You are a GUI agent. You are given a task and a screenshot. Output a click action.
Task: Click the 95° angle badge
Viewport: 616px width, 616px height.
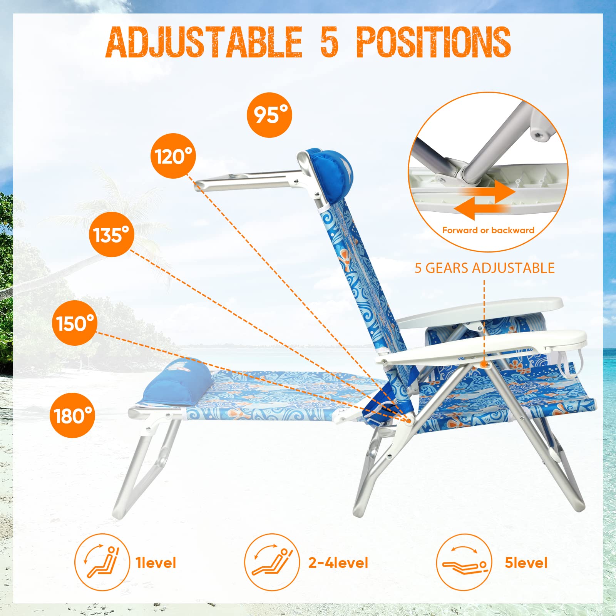pos(269,115)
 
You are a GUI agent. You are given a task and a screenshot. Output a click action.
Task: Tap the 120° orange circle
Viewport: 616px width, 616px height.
pos(173,156)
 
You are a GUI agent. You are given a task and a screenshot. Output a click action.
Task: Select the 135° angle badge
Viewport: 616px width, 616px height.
pos(112,234)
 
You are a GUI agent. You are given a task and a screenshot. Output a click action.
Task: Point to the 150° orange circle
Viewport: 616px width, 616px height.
pos(75,323)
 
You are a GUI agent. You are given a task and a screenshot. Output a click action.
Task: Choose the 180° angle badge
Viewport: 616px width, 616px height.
pos(72,415)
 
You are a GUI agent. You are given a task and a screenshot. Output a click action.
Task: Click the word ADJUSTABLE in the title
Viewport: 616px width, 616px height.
pos(204,42)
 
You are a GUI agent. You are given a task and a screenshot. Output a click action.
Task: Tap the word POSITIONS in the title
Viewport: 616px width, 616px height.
pos(434,42)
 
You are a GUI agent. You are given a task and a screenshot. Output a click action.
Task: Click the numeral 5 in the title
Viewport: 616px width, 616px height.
pos(329,42)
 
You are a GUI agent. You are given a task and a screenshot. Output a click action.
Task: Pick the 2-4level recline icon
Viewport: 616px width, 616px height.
pos(272,562)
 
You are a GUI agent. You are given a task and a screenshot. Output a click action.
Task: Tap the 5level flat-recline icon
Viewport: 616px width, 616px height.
pos(464,562)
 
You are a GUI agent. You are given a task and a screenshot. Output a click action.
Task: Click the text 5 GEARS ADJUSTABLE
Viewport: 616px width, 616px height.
pos(484,268)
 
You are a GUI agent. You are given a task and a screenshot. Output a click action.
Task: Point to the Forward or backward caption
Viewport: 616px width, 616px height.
pos(488,230)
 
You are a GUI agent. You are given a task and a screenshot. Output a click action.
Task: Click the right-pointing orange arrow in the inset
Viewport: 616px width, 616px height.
pos(497,191)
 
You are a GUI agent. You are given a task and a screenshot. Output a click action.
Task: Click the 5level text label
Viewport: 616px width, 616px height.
pos(526,563)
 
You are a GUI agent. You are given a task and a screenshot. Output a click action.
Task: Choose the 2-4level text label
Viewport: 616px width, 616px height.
pos(338,563)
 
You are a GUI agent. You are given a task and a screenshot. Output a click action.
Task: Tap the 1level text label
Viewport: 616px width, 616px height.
pos(156,563)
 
